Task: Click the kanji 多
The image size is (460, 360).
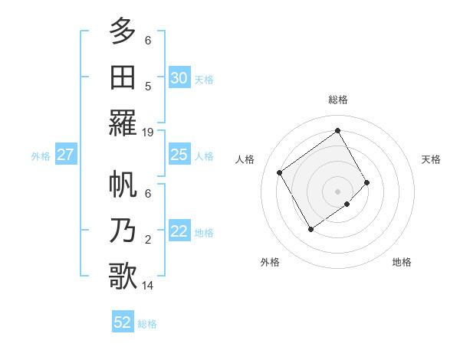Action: [123, 31]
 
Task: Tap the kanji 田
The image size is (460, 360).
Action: [123, 77]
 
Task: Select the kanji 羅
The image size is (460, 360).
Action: [123, 122]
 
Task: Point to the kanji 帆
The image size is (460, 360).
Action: [123, 185]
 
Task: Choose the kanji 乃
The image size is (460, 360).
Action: [123, 231]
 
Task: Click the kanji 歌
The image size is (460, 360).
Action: [123, 276]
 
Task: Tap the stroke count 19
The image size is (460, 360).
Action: [148, 132]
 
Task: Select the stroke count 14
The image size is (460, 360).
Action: [148, 286]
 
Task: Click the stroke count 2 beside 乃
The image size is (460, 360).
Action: [148, 240]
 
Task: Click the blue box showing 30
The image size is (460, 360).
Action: [179, 77]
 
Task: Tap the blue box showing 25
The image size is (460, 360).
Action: [179, 155]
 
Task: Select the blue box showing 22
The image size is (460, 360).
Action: [179, 231]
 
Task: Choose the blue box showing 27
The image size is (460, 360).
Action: [65, 155]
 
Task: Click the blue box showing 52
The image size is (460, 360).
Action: [123, 322]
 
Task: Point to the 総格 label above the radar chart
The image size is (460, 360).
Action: [337, 100]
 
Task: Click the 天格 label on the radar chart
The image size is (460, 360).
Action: [431, 159]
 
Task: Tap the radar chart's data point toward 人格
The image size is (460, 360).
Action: [280, 172]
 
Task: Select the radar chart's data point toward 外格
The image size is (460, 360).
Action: [310, 229]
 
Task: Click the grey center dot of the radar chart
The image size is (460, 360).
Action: [337, 191]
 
